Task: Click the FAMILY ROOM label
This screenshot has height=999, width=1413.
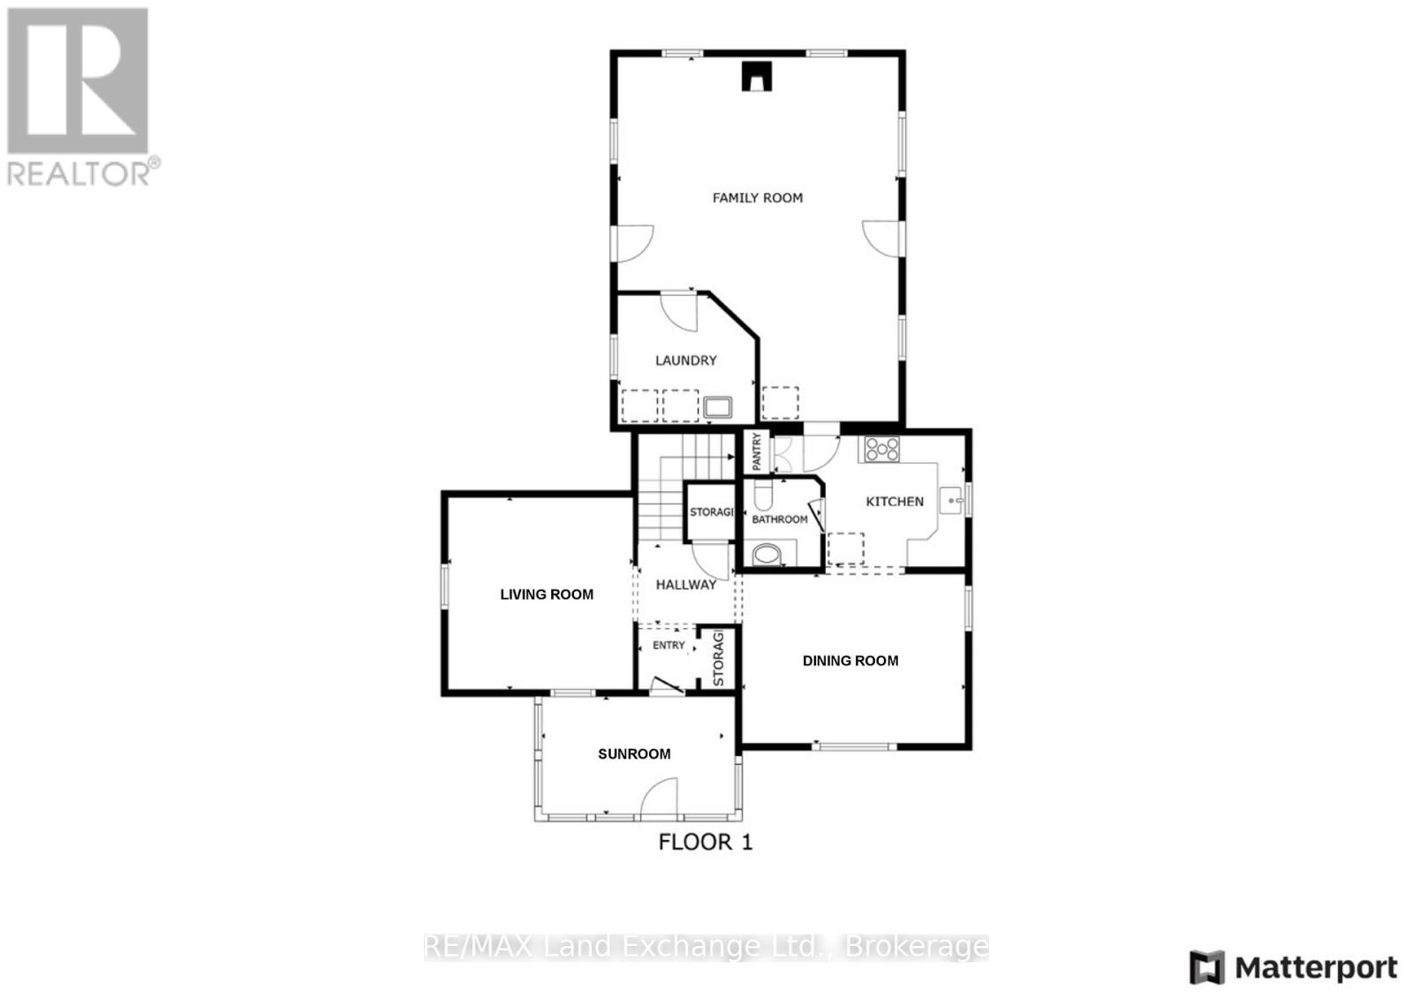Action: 758,198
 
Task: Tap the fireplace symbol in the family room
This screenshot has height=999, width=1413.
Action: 757,76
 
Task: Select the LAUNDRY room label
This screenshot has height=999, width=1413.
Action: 685,360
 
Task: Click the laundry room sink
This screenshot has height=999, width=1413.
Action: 718,407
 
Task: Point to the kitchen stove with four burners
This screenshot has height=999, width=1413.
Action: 881,450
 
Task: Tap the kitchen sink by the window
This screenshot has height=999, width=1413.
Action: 952,501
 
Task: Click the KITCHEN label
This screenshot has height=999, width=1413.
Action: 895,502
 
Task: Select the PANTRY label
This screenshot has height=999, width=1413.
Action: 757,451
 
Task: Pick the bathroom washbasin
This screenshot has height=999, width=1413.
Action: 762,494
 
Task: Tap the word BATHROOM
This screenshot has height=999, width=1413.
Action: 780,519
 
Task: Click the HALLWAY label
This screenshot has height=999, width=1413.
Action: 686,585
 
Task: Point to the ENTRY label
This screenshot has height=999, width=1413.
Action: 669,646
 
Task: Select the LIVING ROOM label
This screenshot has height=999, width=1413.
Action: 547,594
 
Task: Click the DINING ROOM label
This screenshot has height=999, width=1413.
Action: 850,661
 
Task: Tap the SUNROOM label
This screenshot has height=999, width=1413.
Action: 634,754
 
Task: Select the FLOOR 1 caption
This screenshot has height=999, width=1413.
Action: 706,842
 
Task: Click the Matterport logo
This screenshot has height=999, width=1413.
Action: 1294,968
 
